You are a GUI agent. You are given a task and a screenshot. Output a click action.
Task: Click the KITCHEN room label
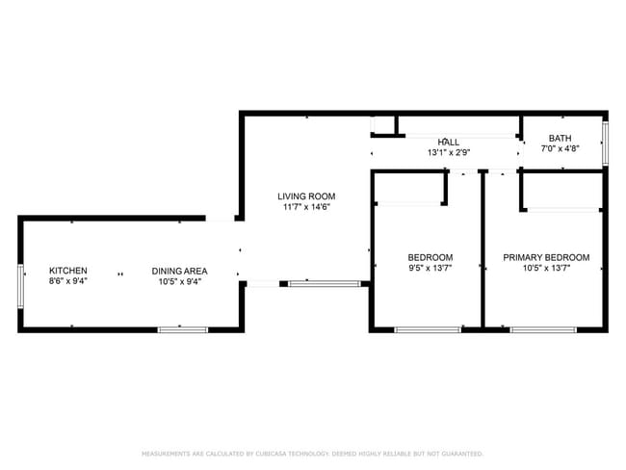coord(68,271)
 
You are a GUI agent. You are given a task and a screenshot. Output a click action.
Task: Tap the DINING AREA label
coord(179,271)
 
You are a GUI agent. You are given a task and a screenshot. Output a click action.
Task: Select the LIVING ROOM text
coord(308,196)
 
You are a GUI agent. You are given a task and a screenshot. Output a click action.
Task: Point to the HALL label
coord(449,142)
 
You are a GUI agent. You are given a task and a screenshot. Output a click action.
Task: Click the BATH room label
coord(560,139)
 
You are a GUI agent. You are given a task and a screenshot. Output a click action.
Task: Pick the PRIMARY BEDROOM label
coord(546,257)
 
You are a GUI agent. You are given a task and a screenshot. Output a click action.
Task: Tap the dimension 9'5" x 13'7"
coord(430,269)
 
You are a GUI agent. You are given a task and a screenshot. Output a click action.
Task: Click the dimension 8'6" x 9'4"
coord(68,281)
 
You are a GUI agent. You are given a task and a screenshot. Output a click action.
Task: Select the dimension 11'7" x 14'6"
coord(308,207)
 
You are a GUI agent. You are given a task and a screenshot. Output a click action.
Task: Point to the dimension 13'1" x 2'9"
coord(449,152)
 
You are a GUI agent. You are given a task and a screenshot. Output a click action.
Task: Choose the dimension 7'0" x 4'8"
coord(560,149)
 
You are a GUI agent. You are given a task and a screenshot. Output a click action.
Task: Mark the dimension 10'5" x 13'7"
coord(546,269)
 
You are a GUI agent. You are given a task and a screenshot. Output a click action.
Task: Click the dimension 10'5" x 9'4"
coord(179,281)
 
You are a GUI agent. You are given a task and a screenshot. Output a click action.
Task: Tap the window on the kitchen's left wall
coord(20,286)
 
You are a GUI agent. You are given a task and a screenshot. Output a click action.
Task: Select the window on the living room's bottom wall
coord(325,283)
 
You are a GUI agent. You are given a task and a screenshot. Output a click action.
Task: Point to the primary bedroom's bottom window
coord(543,329)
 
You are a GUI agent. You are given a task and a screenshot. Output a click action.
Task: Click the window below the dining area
coord(183,329)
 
